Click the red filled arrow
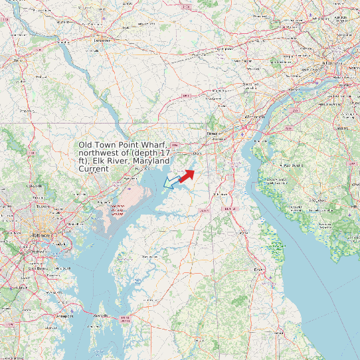[x=187, y=175]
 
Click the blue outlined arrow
[x=171, y=182]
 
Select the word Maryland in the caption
[x=150, y=161]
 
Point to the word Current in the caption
[x=94, y=169]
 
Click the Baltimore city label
[x=41, y=236]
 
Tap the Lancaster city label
[x=102, y=41]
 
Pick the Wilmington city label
[x=252, y=117]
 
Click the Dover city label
[x=258, y=269]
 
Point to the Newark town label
[x=213, y=133]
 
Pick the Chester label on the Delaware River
[x=290, y=98]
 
